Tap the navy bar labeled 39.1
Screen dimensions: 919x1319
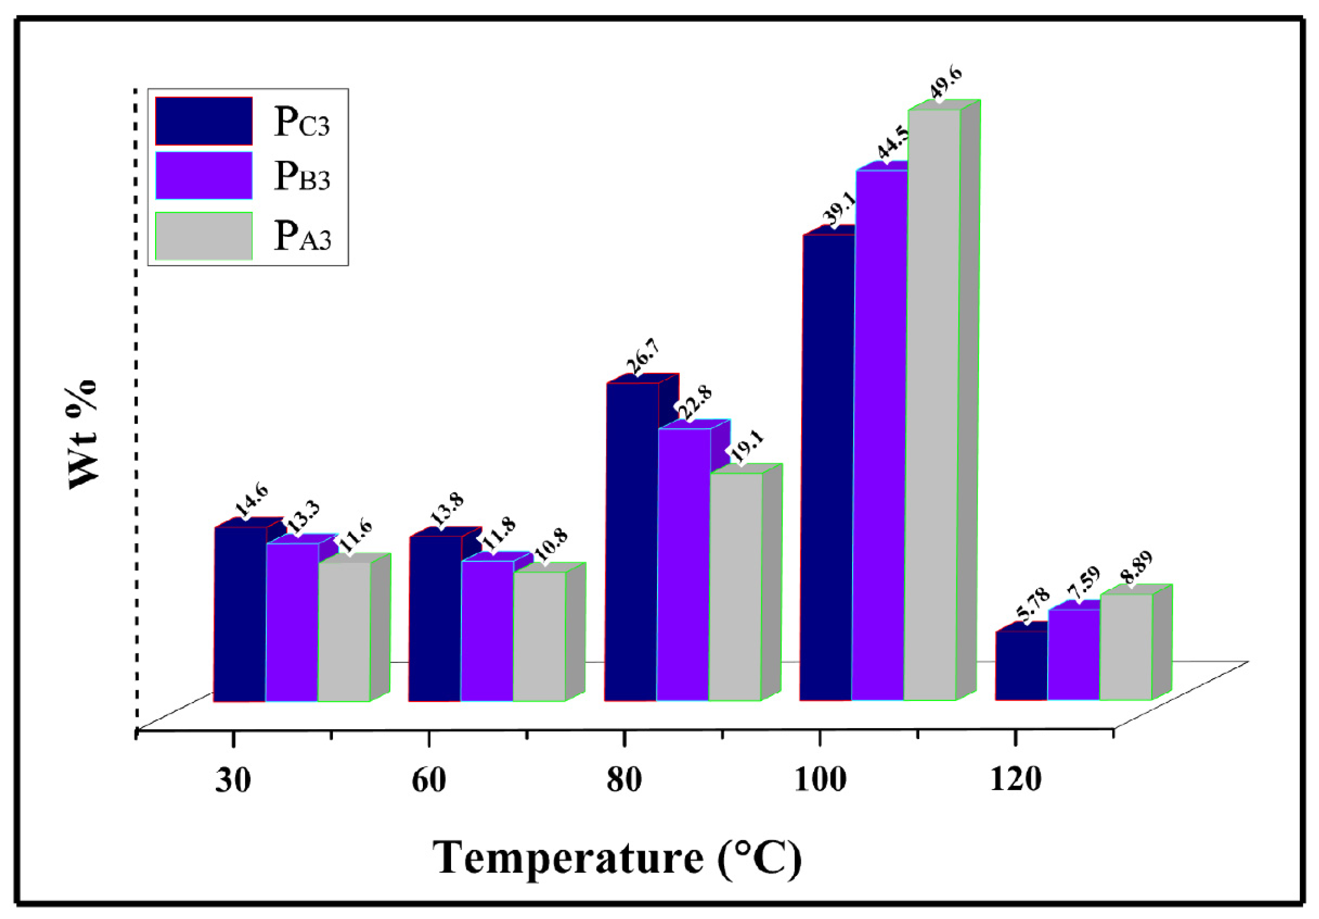(x=827, y=466)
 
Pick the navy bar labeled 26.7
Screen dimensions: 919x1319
(x=632, y=540)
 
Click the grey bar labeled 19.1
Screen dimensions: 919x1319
(x=736, y=586)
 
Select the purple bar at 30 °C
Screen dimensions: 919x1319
(x=292, y=621)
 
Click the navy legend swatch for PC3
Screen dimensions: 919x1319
(x=204, y=121)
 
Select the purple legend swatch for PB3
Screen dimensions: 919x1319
(x=204, y=175)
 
